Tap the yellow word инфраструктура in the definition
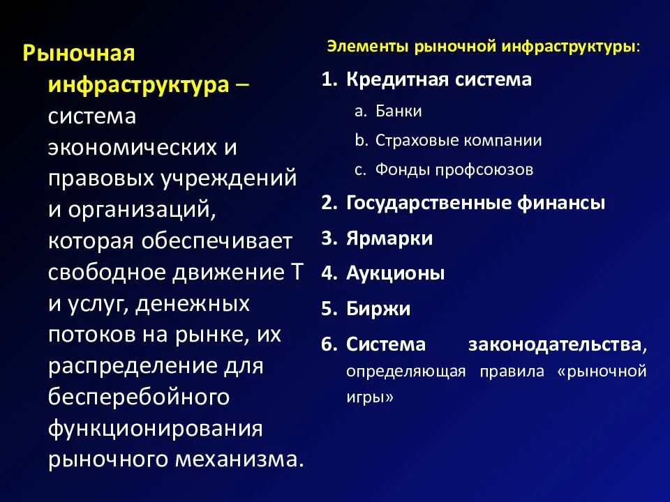click(138, 85)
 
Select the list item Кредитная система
click(438, 79)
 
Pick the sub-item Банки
click(398, 111)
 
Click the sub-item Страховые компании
click(458, 140)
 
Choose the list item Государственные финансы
click(475, 203)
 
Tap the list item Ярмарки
click(389, 238)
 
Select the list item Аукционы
click(395, 273)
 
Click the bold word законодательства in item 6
click(556, 344)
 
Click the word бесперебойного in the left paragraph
click(138, 396)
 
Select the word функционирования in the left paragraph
click(155, 427)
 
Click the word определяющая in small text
click(405, 371)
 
